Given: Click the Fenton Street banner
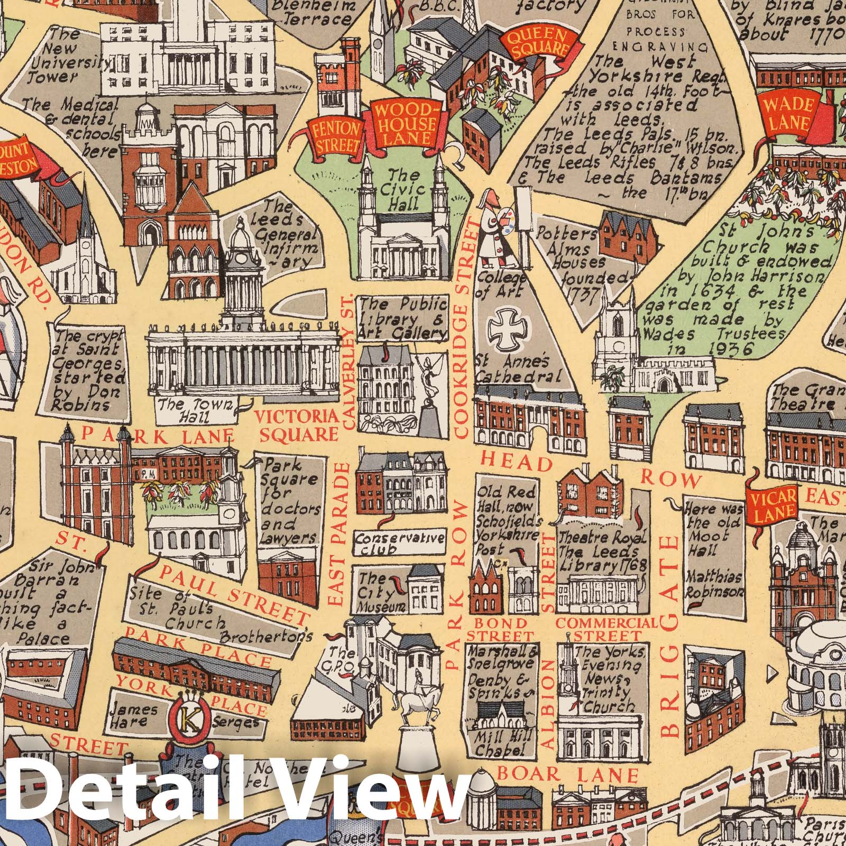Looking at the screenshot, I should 336,137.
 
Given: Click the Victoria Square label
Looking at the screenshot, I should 298,426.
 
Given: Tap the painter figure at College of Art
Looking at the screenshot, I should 495,229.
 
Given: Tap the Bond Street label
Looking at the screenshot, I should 500,629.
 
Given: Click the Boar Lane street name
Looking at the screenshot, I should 568,775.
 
